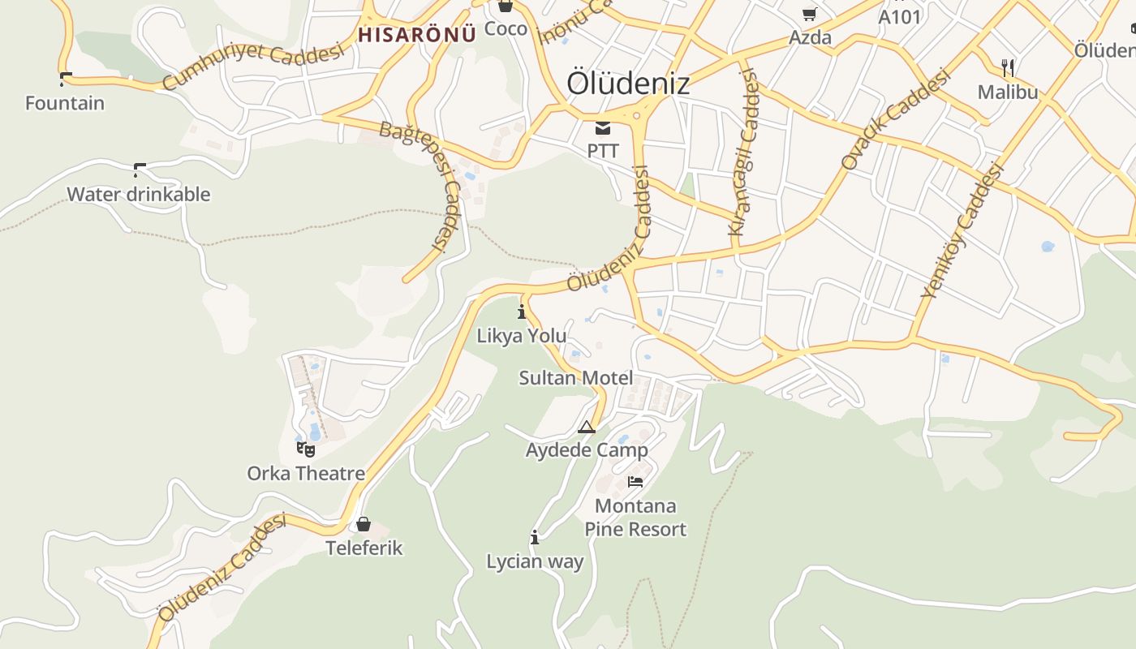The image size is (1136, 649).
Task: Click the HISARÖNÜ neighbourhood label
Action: [416, 35]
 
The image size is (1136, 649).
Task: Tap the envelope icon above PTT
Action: [603, 127]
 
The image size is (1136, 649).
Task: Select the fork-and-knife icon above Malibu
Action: [1008, 67]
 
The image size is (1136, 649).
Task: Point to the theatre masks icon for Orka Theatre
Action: [306, 449]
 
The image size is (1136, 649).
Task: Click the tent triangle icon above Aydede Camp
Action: [587, 427]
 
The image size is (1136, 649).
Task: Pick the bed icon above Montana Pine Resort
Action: [635, 482]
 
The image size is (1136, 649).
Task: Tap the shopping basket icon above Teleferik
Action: [364, 524]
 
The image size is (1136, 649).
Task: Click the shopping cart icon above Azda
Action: [809, 14]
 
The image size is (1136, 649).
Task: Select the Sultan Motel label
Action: [575, 377]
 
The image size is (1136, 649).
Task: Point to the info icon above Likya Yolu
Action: [521, 312]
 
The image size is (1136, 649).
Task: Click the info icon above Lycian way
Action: [534, 537]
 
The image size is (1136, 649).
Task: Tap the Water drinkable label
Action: [138, 195]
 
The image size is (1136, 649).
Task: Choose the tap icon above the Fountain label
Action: [65, 80]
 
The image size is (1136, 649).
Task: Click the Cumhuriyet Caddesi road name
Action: [253, 67]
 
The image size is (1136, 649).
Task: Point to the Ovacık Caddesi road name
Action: [895, 120]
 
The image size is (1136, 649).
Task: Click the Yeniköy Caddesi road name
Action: [964, 230]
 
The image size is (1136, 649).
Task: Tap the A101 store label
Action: [900, 16]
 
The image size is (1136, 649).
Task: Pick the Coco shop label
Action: [506, 29]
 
